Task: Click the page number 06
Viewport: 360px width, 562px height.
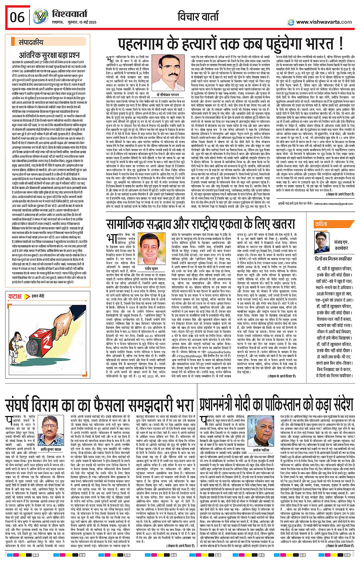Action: (x=17, y=17)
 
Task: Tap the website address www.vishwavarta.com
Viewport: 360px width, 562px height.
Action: (x=324, y=22)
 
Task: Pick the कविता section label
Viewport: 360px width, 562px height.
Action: (x=321, y=225)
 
